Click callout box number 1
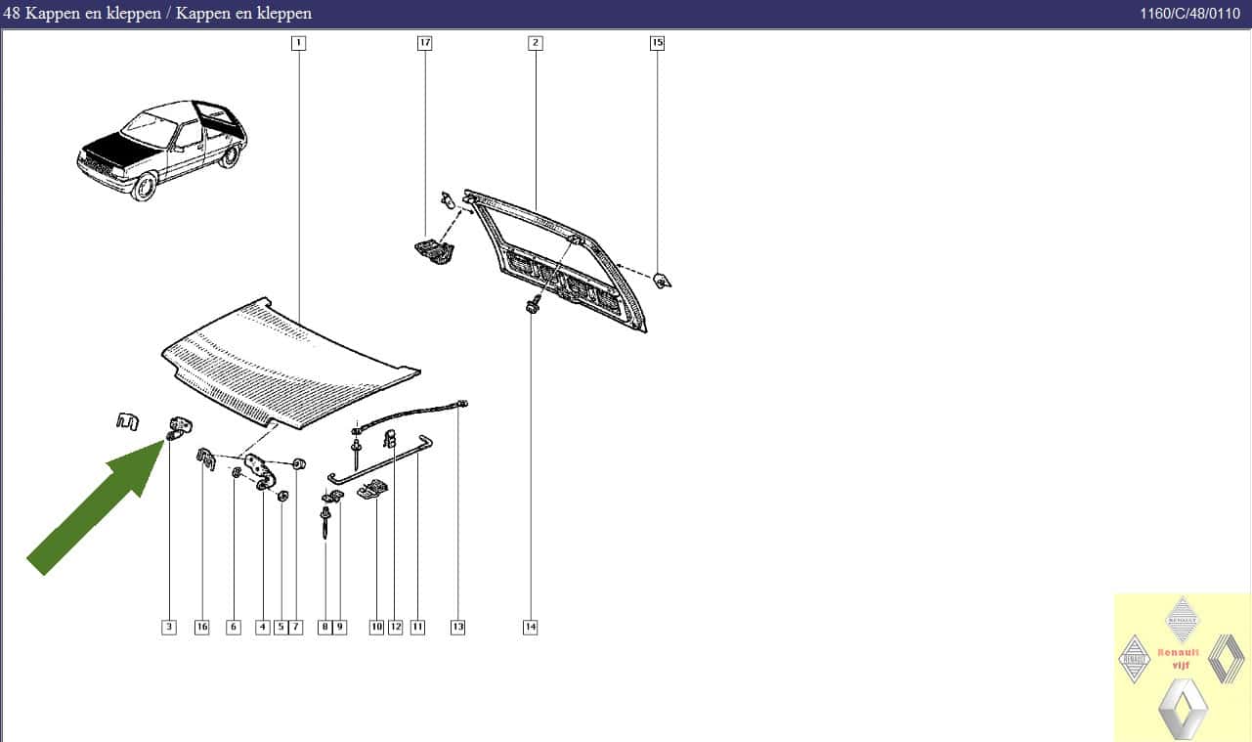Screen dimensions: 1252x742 [x=298, y=43]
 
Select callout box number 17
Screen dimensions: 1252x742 [x=425, y=43]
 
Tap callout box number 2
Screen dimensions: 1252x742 [x=536, y=43]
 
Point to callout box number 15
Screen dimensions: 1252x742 [x=658, y=43]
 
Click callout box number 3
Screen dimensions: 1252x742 [x=169, y=627]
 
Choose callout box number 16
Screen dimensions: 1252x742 [x=201, y=627]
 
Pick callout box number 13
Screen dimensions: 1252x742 [x=457, y=627]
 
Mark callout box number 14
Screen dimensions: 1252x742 [x=531, y=627]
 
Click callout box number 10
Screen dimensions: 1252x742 [x=376, y=627]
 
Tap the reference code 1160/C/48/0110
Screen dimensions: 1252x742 [x=1190, y=14]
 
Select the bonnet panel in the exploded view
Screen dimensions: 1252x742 [x=290, y=364]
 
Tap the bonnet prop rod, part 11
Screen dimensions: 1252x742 [x=380, y=459]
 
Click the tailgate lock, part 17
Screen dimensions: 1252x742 [x=434, y=251]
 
